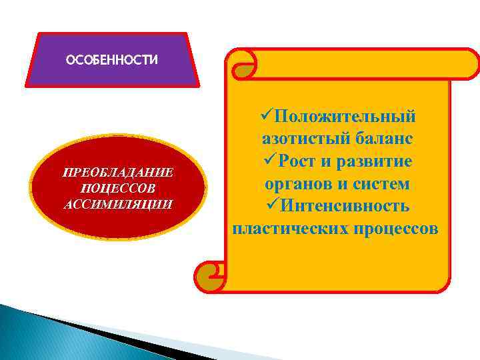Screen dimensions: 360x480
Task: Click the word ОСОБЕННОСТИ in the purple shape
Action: (112, 61)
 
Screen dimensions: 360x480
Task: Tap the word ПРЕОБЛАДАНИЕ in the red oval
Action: (118, 173)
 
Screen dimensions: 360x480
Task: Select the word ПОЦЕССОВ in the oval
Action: (118, 189)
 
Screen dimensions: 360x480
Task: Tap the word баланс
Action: (379, 139)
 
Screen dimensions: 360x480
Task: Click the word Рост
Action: (303, 162)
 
